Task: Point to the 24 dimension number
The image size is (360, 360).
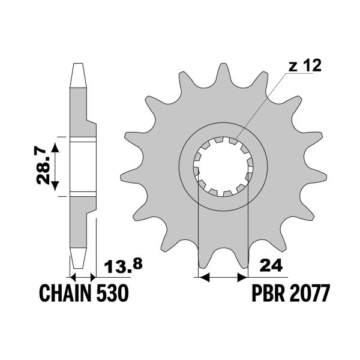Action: (268, 265)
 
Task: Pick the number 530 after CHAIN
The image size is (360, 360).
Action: (112, 294)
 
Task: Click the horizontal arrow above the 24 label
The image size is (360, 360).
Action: (223, 277)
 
